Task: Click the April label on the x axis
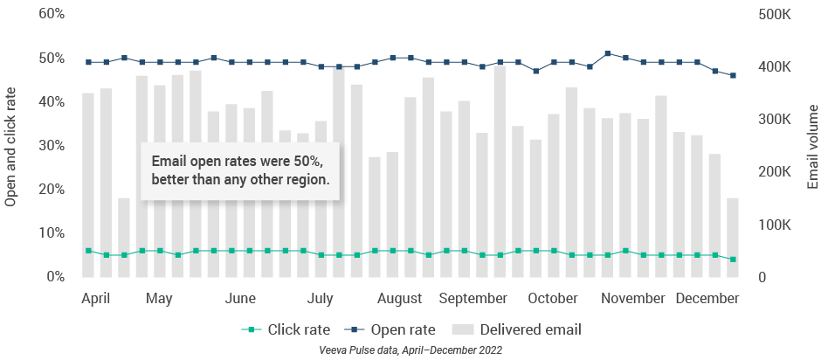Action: click(x=96, y=299)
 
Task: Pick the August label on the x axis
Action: click(x=400, y=299)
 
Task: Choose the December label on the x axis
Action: click(x=707, y=299)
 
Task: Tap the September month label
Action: click(x=473, y=299)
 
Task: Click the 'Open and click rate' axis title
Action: click(x=11, y=146)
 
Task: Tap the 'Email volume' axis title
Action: click(x=811, y=146)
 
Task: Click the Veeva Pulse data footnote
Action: click(x=410, y=350)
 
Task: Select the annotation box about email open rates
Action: click(x=240, y=170)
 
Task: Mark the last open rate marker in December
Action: click(x=733, y=75)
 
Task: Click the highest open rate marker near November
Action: click(x=608, y=53)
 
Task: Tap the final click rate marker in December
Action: click(x=733, y=260)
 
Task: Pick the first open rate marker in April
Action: click(x=88, y=62)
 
